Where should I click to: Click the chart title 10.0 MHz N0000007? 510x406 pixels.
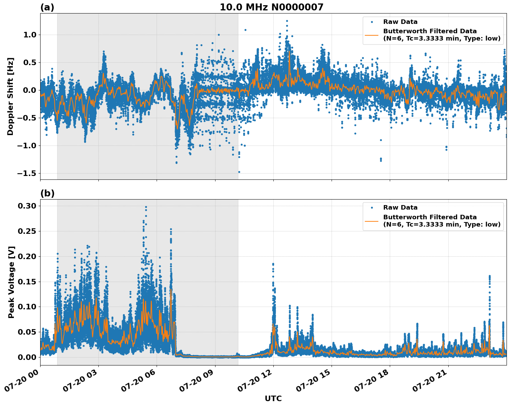pyautogui.click(x=271, y=7)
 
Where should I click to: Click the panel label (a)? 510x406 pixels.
pyautogui.click(x=47, y=7)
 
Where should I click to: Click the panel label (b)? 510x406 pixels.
pyautogui.click(x=47, y=193)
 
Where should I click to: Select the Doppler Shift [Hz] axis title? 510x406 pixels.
pyautogui.click(x=11, y=96)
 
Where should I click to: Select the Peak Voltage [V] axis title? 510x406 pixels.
pyautogui.click(x=11, y=282)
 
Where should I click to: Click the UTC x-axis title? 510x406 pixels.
pyautogui.click(x=273, y=398)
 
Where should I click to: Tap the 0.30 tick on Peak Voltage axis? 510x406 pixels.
pyautogui.click(x=27, y=206)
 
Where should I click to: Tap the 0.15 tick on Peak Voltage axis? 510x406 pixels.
pyautogui.click(x=27, y=282)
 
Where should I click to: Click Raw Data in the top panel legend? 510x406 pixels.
pyautogui.click(x=400, y=22)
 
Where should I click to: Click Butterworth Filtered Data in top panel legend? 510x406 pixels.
pyautogui.click(x=430, y=31)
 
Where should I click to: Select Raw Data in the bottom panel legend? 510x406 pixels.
pyautogui.click(x=400, y=208)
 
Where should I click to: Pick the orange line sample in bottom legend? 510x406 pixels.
pyautogui.click(x=372, y=221)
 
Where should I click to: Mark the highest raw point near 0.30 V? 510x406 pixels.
pyautogui.click(x=146, y=207)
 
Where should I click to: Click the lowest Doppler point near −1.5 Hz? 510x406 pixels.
pyautogui.click(x=239, y=172)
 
